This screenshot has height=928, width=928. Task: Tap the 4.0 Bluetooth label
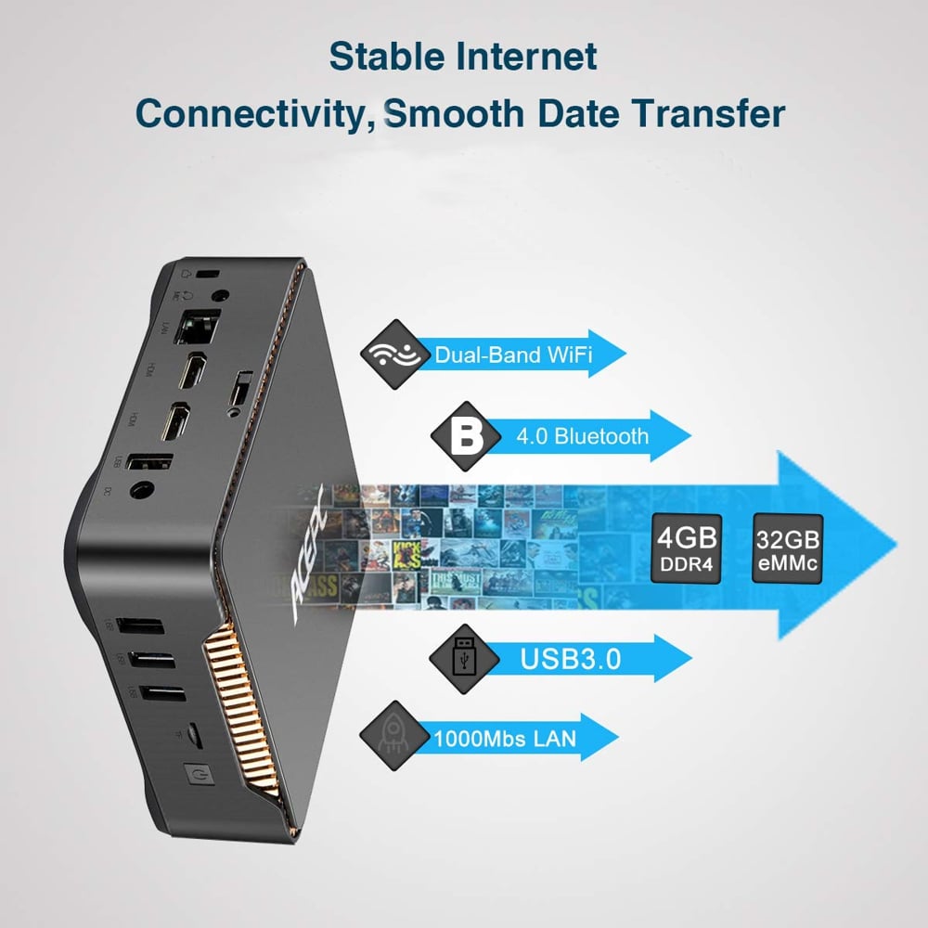point(582,436)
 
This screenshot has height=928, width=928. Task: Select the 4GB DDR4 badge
point(688,547)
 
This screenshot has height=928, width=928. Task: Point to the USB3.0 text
point(570,660)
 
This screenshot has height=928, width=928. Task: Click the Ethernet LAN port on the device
point(203,328)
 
